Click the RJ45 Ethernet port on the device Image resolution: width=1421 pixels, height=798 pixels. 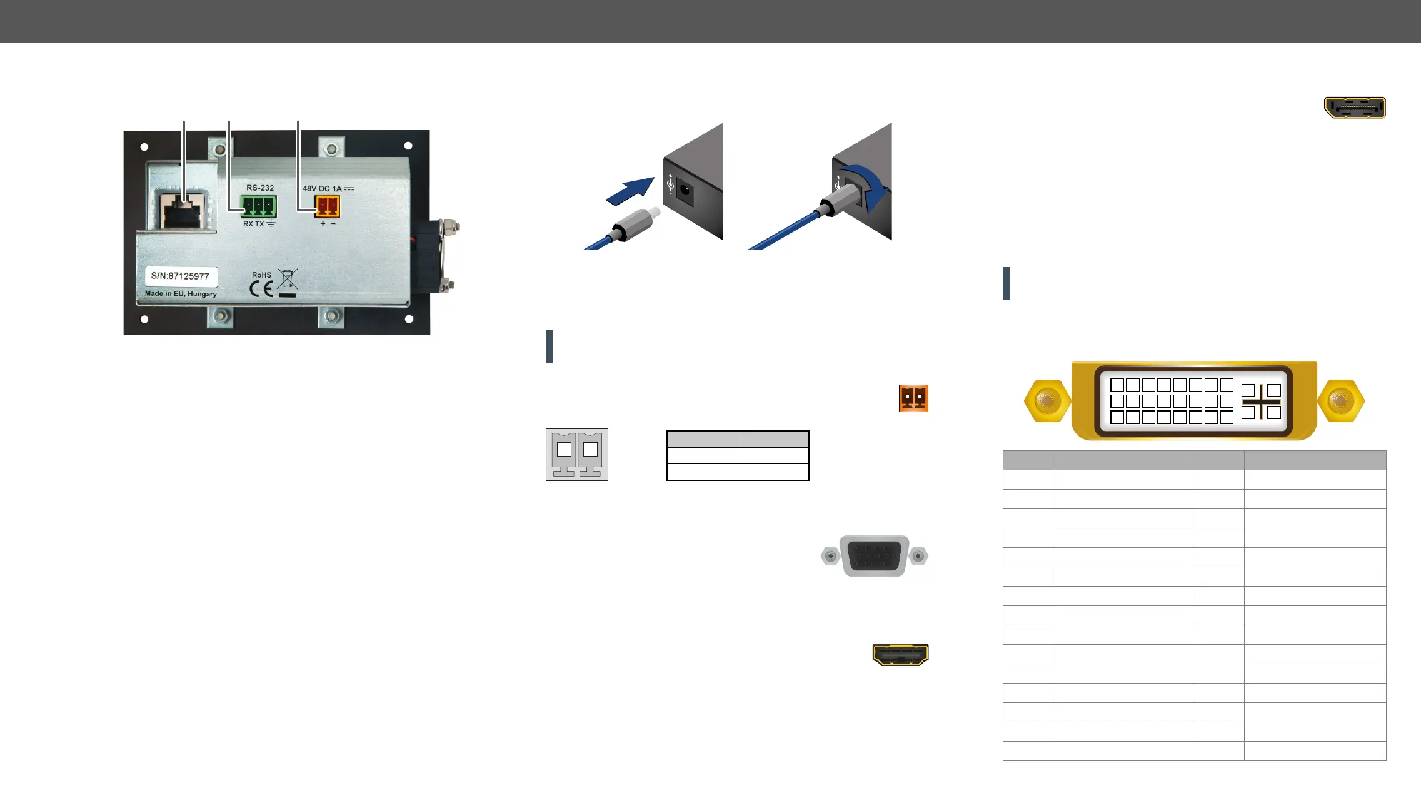(181, 211)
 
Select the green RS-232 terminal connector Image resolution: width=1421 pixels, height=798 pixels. (258, 206)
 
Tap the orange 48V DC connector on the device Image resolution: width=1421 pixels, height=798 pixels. (328, 206)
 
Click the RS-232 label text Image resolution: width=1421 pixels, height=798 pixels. (260, 188)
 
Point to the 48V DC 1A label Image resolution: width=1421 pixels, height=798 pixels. (328, 188)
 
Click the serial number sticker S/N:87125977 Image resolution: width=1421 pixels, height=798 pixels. (180, 276)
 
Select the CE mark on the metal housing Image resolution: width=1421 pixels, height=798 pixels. (261, 289)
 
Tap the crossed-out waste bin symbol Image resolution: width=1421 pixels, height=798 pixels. (288, 279)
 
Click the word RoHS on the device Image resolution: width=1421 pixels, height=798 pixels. (261, 275)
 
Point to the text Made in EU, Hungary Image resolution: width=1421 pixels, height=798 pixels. (181, 293)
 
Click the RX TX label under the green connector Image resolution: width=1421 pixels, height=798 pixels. (254, 224)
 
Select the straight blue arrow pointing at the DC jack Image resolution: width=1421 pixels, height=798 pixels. (630, 191)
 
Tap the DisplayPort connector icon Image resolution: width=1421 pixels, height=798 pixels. (1355, 108)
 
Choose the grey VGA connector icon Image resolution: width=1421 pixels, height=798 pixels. (874, 555)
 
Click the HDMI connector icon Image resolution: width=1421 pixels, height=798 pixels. (900, 654)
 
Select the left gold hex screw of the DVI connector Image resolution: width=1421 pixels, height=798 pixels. (1047, 400)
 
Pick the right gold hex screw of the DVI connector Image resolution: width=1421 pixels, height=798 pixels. (1340, 400)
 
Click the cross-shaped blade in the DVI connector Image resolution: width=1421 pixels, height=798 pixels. (1261, 402)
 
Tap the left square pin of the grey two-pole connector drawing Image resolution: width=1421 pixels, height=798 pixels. (564, 449)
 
